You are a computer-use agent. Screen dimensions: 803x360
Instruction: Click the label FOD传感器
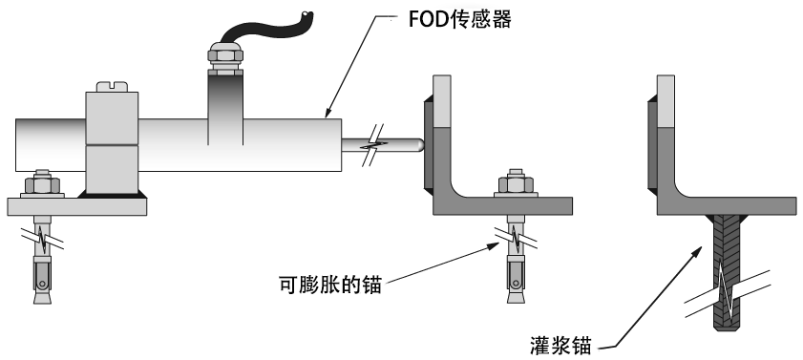click(x=460, y=19)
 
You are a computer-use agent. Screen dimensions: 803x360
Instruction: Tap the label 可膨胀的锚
click(x=330, y=285)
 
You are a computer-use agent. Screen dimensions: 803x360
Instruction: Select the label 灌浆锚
click(x=561, y=347)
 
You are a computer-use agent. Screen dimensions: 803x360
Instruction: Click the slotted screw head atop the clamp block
click(x=112, y=87)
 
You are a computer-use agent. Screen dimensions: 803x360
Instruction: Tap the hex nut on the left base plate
click(x=43, y=184)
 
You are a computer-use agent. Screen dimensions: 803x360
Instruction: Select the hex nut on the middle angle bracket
click(x=517, y=184)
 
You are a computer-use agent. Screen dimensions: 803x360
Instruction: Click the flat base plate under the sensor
click(x=76, y=206)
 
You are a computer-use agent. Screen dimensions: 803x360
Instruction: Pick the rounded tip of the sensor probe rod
click(x=421, y=145)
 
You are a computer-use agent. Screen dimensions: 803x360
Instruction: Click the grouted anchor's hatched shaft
click(x=727, y=272)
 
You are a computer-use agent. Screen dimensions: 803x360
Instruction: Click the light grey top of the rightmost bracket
click(x=666, y=101)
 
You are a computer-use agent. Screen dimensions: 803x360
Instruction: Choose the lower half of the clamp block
click(x=112, y=170)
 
